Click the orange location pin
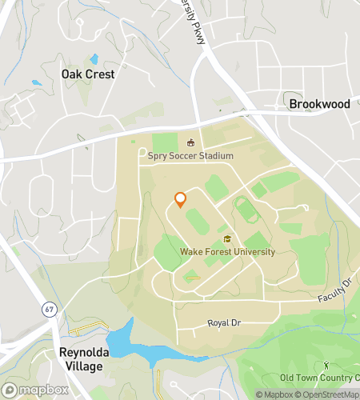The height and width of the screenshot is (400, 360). coord(180,199)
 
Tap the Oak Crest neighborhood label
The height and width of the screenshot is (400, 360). coord(88,74)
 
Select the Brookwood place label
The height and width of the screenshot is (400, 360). coord(319,104)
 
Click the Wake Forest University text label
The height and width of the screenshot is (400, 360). coord(227,252)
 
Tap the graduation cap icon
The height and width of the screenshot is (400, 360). coord(227,239)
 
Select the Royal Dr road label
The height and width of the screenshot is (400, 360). coord(224,323)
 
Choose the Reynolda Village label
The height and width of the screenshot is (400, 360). coord(80,359)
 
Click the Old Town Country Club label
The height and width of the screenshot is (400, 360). coord(319,378)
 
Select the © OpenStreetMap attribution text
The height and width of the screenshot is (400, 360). coord(329,394)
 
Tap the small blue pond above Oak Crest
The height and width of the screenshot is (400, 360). coord(94,59)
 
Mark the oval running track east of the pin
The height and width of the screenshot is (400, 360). coord(247,211)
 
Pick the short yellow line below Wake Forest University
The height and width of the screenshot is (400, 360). coord(192,278)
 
